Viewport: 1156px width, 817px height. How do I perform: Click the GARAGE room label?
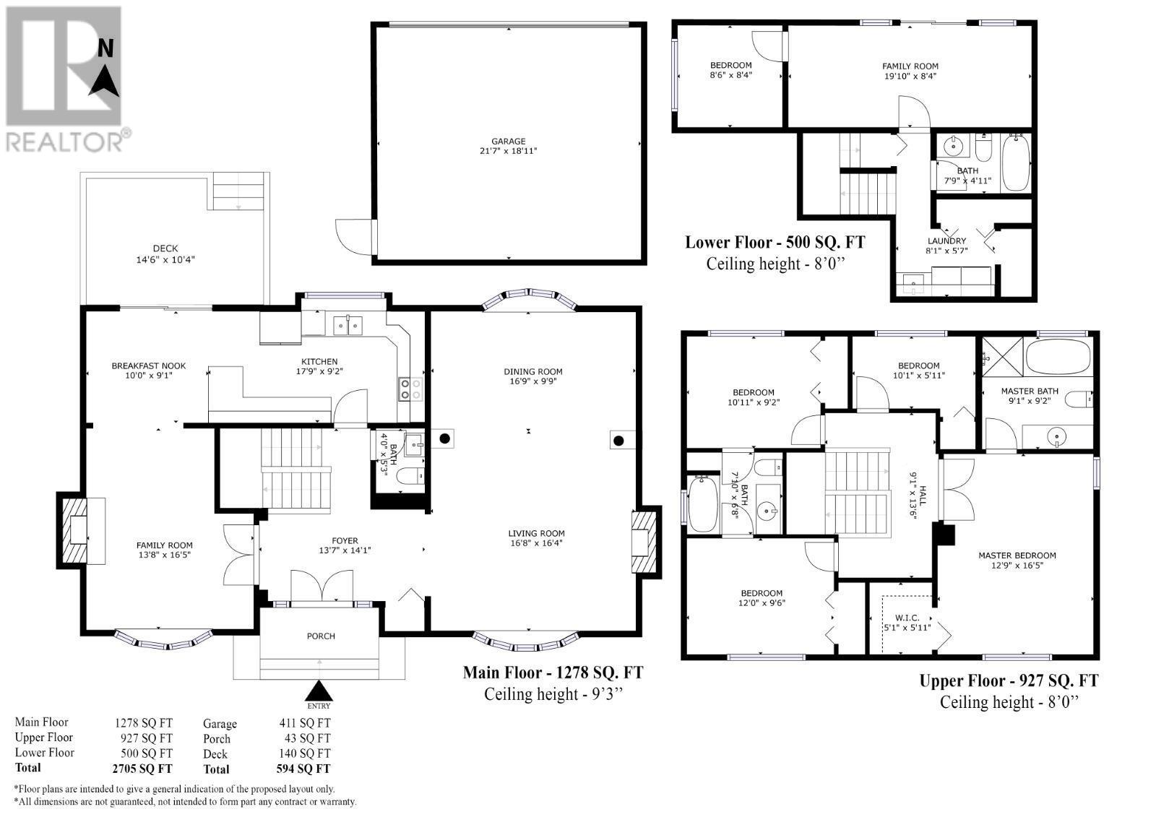509,141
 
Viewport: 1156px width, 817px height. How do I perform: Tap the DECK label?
165,248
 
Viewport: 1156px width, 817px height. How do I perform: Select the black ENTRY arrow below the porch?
319,690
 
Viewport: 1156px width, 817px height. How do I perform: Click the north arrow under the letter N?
104,80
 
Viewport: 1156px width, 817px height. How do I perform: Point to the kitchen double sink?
348,326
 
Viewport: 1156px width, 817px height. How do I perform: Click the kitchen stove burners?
410,389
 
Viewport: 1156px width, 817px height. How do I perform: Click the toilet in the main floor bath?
411,475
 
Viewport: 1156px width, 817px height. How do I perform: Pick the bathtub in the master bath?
1058,356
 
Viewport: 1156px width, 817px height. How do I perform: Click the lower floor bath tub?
1016,162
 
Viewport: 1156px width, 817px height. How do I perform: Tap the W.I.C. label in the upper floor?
907,618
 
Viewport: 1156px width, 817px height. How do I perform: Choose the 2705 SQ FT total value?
142,769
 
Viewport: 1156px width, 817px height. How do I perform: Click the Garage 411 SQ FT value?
304,723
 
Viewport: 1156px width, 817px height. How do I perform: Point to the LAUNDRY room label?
946,241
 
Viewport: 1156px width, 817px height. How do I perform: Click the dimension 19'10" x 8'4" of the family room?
910,76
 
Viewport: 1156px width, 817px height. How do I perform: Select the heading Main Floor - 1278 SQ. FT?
553,673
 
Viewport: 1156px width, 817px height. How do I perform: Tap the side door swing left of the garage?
354,237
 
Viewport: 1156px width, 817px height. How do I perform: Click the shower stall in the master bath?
1002,357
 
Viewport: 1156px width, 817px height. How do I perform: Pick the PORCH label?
321,636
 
